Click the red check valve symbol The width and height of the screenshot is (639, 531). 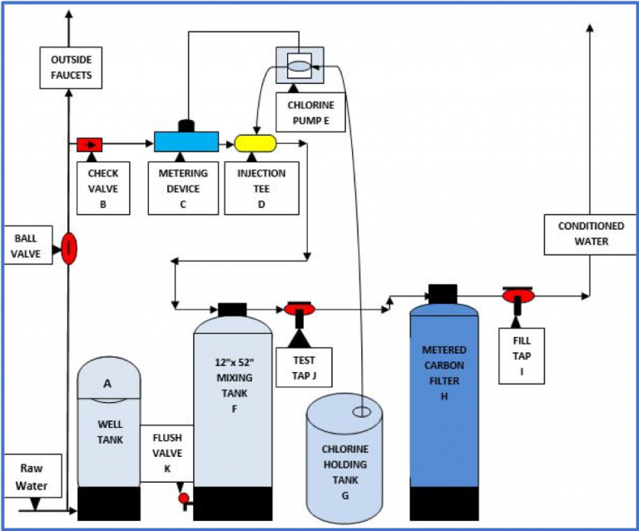(88, 145)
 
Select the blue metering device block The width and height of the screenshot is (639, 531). (186, 141)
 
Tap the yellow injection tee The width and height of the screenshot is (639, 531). (255, 142)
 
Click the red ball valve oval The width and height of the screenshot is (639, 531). (69, 247)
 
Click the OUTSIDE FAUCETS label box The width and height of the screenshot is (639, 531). (71, 68)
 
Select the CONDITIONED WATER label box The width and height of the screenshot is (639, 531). (589, 234)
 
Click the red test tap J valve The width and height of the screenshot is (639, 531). (299, 310)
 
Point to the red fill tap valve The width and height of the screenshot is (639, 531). (518, 295)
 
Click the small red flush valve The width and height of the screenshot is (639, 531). (183, 498)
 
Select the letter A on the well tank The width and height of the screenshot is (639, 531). (106, 383)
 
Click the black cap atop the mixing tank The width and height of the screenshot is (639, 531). (232, 308)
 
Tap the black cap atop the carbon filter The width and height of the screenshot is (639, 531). (442, 293)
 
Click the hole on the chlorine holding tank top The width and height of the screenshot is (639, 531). (362, 411)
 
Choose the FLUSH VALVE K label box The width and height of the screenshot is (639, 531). (166, 454)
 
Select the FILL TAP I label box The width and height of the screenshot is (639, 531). (522, 355)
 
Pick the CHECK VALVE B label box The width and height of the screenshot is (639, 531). (103, 187)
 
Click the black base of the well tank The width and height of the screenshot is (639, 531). (109, 504)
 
